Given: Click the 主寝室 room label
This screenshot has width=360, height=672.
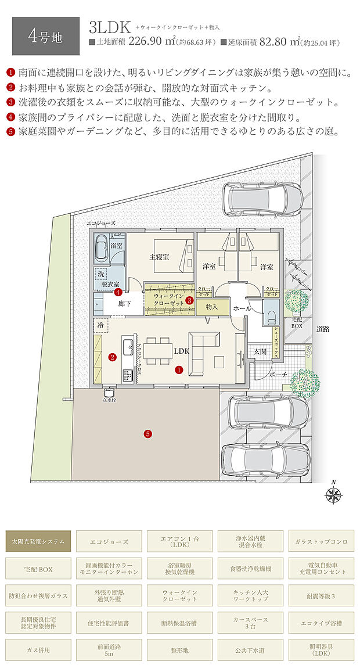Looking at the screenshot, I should (159, 256).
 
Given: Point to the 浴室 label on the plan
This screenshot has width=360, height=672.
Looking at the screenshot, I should (116, 246).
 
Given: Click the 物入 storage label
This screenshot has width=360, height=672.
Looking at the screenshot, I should (211, 306).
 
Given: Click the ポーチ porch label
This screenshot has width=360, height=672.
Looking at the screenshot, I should (278, 375).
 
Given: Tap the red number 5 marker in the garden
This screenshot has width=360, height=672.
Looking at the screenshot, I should (148, 433).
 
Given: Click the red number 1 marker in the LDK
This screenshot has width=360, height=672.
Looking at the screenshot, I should (179, 369).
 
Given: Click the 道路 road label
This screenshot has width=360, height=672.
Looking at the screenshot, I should (323, 329).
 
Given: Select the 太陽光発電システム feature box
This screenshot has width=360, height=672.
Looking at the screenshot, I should (39, 541).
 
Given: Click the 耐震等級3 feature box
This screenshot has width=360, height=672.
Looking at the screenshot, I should (320, 595).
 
